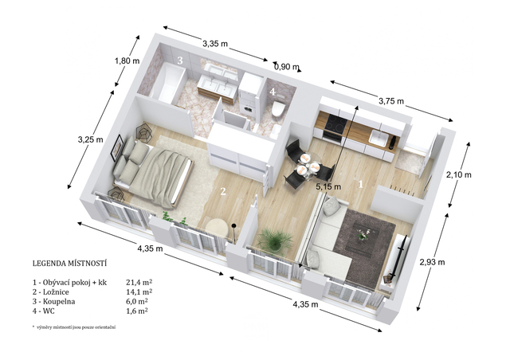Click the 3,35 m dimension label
click(215, 43)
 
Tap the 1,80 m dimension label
click(127, 61)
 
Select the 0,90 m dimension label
click(287, 67)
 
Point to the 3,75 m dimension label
click(391, 101)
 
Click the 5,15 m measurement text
click(328, 186)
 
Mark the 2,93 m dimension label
click(432, 262)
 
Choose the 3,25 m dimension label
click(90, 139)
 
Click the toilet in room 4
click(278, 108)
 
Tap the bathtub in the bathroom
click(166, 84)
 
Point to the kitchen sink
click(379, 139)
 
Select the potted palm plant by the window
click(274, 240)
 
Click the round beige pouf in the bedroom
click(216, 229)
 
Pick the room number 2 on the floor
click(223, 191)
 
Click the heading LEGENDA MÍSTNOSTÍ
click(69, 263)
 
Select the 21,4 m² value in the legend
click(139, 282)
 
